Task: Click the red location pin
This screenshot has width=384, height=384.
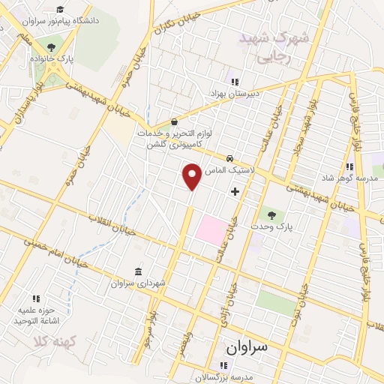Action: (x=192, y=175)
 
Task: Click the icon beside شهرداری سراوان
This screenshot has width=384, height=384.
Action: (x=136, y=271)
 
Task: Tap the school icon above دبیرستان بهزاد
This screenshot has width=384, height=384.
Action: (x=234, y=82)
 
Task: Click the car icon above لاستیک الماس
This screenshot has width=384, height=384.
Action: (x=229, y=159)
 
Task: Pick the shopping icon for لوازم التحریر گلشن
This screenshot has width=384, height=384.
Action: (x=175, y=121)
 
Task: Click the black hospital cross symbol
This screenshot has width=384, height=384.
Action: (x=235, y=192)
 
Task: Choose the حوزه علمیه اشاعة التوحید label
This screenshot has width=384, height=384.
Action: (x=37, y=315)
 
